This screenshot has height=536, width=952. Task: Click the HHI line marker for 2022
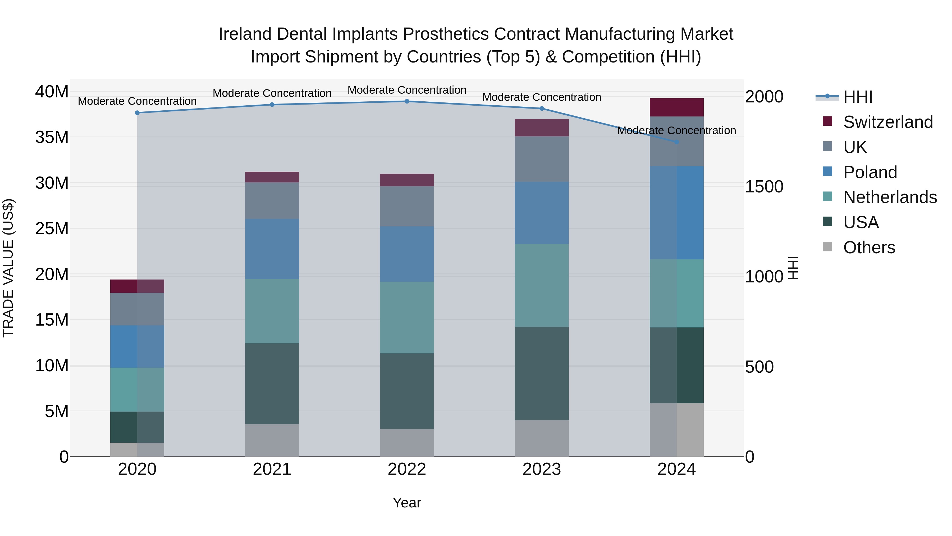pyautogui.click(x=407, y=101)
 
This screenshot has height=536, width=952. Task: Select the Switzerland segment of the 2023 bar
pyautogui.click(x=542, y=128)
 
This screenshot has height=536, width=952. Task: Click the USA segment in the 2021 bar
pyautogui.click(x=272, y=384)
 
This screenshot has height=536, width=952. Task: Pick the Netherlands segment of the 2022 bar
pyautogui.click(x=407, y=318)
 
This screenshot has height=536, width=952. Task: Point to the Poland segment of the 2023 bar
pyautogui.click(x=542, y=213)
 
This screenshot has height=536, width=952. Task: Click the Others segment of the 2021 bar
pyautogui.click(x=272, y=440)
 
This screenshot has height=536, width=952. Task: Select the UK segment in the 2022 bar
pyautogui.click(x=407, y=206)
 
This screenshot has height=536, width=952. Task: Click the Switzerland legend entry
pyautogui.click(x=888, y=122)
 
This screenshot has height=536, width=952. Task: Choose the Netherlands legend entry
pyautogui.click(x=890, y=197)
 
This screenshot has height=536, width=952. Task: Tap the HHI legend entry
pyautogui.click(x=857, y=97)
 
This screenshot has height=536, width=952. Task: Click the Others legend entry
pyautogui.click(x=869, y=247)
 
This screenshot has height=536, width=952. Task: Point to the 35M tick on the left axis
pyautogui.click(x=52, y=137)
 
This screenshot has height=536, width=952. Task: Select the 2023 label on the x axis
pyautogui.click(x=542, y=469)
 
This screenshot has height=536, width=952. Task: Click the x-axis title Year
pyautogui.click(x=407, y=503)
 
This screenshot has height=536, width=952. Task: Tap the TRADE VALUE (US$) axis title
pyautogui.click(x=8, y=268)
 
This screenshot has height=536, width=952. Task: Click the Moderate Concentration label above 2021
pyautogui.click(x=272, y=93)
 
